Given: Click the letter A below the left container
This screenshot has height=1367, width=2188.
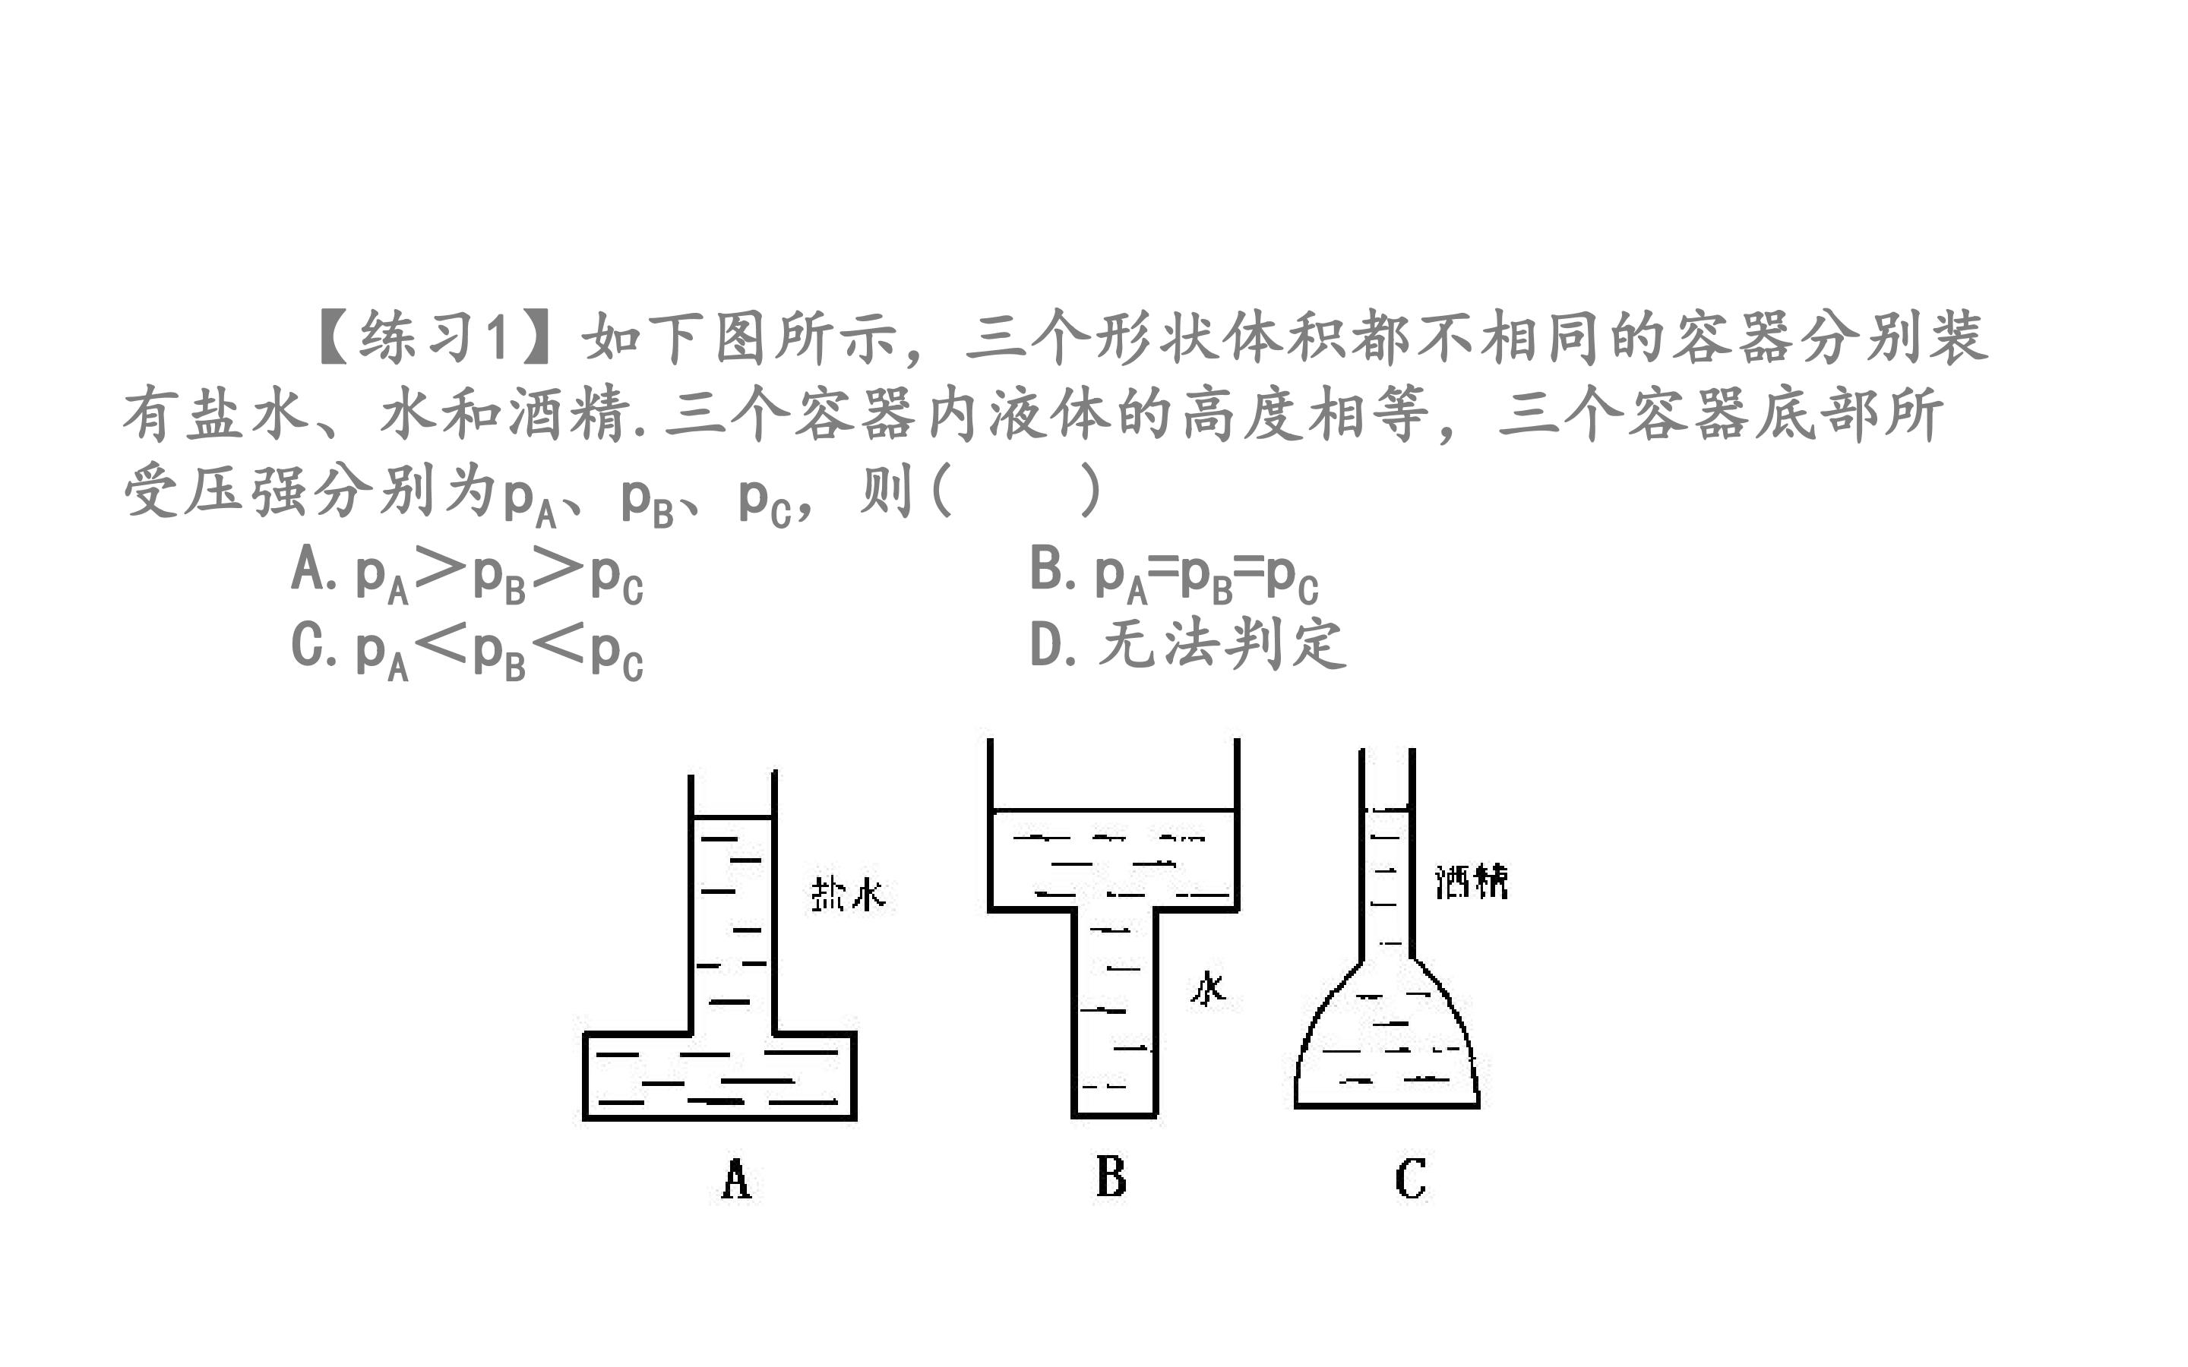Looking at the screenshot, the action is coord(736,1178).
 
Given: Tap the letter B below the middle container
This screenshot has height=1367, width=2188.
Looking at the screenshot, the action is coord(1111,1176).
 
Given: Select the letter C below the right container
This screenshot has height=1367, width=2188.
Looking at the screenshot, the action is coord(1411,1178).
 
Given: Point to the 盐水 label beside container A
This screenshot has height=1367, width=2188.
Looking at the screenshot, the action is coord(847,893).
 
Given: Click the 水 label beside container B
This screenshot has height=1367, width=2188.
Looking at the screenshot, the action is coord(1209,988).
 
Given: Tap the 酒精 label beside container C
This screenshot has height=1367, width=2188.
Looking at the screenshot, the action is coord(1471,881).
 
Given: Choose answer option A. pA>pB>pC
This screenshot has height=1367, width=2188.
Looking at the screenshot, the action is coord(466,574).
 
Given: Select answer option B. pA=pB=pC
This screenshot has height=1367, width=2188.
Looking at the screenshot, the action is coord(1174,574).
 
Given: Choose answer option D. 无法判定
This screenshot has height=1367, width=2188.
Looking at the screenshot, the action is coord(1188,645).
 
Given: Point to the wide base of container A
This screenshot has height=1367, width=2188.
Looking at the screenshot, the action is coord(719,1076).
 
